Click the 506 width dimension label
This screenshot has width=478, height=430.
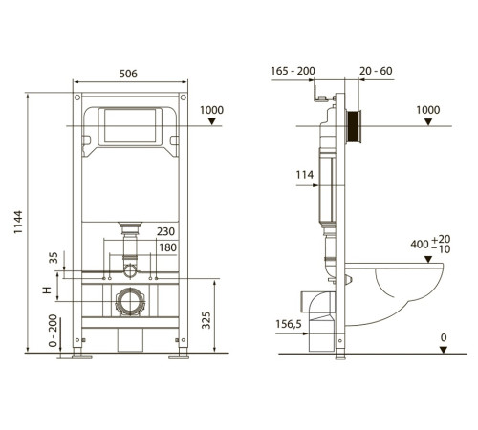128,74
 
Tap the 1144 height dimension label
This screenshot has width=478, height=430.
18,222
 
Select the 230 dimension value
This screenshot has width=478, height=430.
165,231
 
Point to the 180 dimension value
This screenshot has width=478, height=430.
167,247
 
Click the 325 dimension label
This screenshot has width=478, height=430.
206,320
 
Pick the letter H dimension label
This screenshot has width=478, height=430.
47,290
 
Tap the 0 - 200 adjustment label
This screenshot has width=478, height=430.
54,331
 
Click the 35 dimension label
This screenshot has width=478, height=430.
54,257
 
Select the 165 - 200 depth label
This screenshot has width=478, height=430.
293,71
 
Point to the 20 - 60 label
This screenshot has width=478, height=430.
376,71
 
